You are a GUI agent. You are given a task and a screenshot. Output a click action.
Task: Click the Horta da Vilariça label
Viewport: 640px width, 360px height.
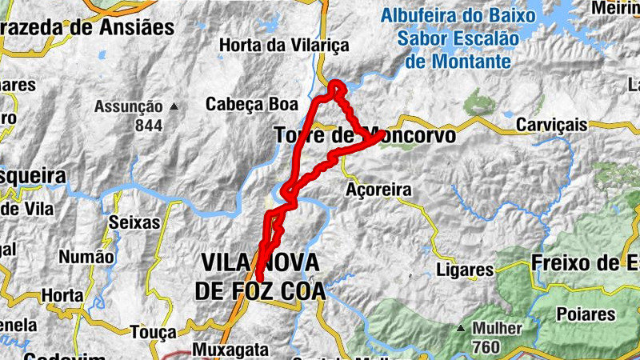point(284,46)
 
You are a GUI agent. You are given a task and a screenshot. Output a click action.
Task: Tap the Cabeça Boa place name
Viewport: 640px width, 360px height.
point(251,104)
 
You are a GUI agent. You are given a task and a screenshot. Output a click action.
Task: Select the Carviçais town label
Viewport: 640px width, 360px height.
point(551,126)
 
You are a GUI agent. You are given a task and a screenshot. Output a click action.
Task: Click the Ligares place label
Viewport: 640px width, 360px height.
point(465,270)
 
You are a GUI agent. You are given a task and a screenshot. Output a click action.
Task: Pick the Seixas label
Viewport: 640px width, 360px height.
point(134,223)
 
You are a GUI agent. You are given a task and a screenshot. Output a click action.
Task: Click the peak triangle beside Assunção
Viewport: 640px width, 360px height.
point(174,106)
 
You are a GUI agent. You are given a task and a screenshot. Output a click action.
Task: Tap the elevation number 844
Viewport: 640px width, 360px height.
point(148,126)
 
